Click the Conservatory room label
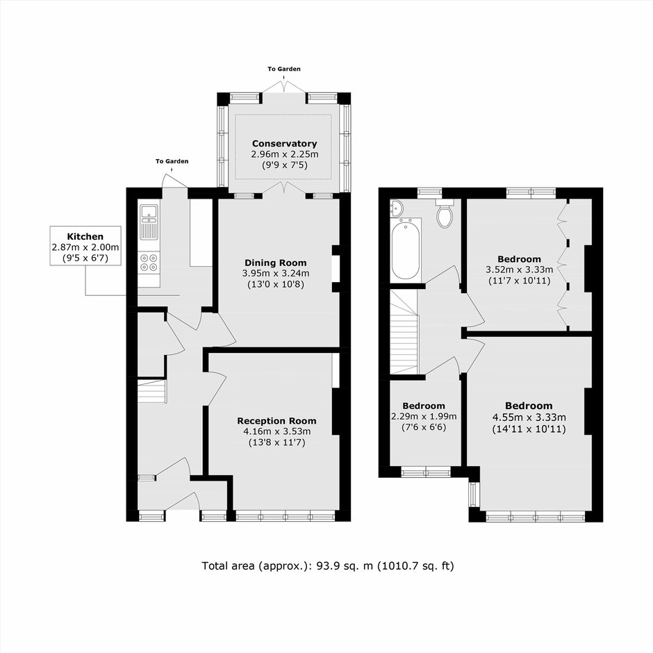284,144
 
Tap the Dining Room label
276,263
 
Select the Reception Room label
276,420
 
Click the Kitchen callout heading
85,237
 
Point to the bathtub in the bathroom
406,249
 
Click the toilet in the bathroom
445,213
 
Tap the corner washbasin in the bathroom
396,208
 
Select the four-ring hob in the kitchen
149,263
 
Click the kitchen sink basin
148,212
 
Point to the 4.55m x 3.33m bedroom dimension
529,418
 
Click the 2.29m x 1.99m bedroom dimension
424,416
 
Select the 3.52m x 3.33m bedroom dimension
520,270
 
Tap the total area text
328,566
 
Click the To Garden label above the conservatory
284,69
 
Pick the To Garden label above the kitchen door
172,161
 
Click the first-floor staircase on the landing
404,332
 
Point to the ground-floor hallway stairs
152,391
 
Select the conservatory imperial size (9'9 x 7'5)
284,165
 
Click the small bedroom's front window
426,472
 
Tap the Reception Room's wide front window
286,516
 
